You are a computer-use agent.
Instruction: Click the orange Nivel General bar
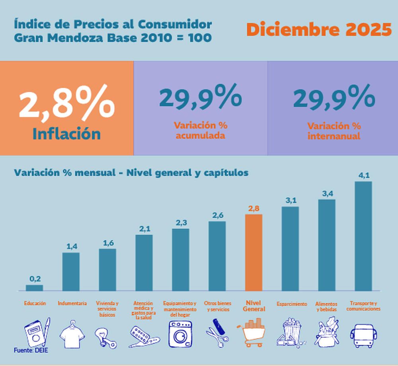[254, 253]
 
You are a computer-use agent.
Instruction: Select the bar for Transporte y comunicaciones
[363, 236]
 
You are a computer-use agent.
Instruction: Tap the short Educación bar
[34, 287]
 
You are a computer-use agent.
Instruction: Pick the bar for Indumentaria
[71, 271]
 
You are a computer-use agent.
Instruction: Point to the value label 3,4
[327, 194]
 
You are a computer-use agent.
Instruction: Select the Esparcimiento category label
[292, 304]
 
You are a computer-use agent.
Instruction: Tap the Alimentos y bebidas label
[327, 306]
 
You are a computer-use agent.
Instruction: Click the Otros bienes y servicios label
[217, 306]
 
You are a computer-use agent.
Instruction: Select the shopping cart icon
[251, 332]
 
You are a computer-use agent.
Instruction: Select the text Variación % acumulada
[200, 130]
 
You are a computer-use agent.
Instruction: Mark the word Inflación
[66, 134]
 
